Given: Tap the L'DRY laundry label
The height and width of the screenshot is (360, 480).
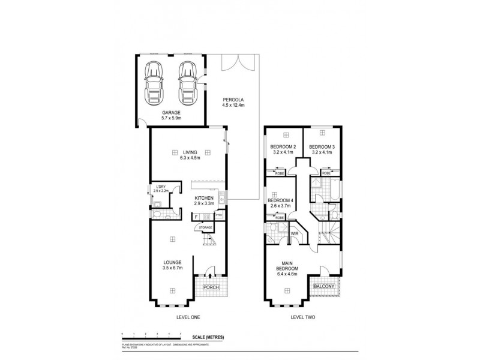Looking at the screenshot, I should [160, 188].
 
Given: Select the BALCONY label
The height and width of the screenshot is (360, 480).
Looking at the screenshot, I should [325, 287].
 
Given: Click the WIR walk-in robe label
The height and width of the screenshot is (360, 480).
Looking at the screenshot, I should [295, 233].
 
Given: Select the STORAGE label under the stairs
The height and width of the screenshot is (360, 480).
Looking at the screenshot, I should [206, 227].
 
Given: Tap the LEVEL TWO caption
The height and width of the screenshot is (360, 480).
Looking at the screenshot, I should [302, 317].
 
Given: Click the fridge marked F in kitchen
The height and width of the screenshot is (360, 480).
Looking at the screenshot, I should [196, 217].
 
